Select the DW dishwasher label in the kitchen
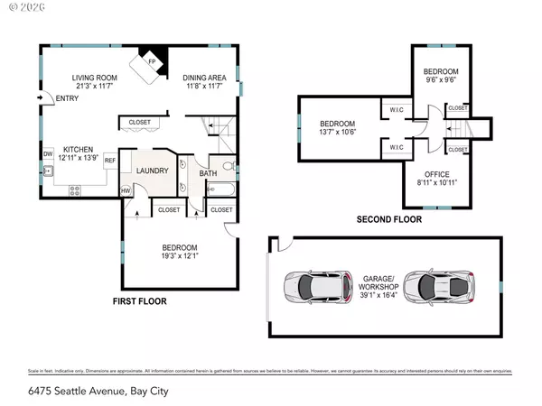pos(46,153)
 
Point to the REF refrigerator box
pos(110,160)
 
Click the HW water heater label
pos(125,190)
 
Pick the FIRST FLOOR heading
pos(143,300)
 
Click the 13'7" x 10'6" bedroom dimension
pos(337,134)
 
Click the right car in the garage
pos(438,286)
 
